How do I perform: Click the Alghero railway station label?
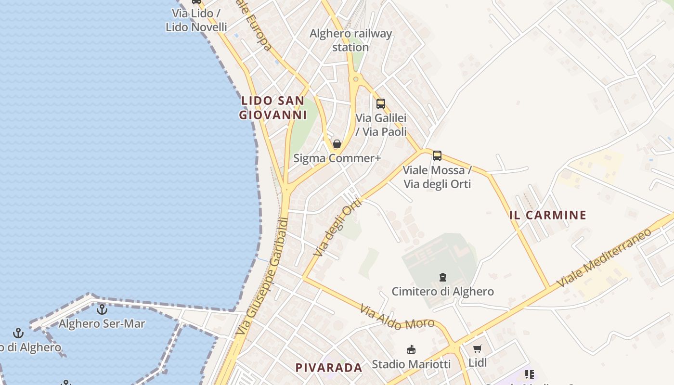tap(350, 40)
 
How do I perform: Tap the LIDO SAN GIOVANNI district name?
tap(273, 108)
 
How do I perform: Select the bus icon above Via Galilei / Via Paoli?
tap(381, 103)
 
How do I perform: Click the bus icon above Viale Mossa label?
tap(437, 155)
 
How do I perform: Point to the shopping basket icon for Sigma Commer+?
tap(337, 144)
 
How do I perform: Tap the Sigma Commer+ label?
tap(337, 158)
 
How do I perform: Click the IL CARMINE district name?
tap(548, 215)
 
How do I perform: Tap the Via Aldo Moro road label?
tap(397, 317)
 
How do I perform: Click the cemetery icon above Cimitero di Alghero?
tap(442, 277)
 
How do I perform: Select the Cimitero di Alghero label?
tap(442, 291)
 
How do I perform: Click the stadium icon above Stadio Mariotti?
tap(411, 350)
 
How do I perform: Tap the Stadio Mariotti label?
tap(411, 364)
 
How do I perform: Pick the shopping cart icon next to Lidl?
tap(477, 349)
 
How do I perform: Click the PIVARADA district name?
tap(329, 368)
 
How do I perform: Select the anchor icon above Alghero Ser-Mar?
tap(102, 309)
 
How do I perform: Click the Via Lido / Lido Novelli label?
tap(196, 20)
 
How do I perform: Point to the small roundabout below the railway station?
tap(356, 79)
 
